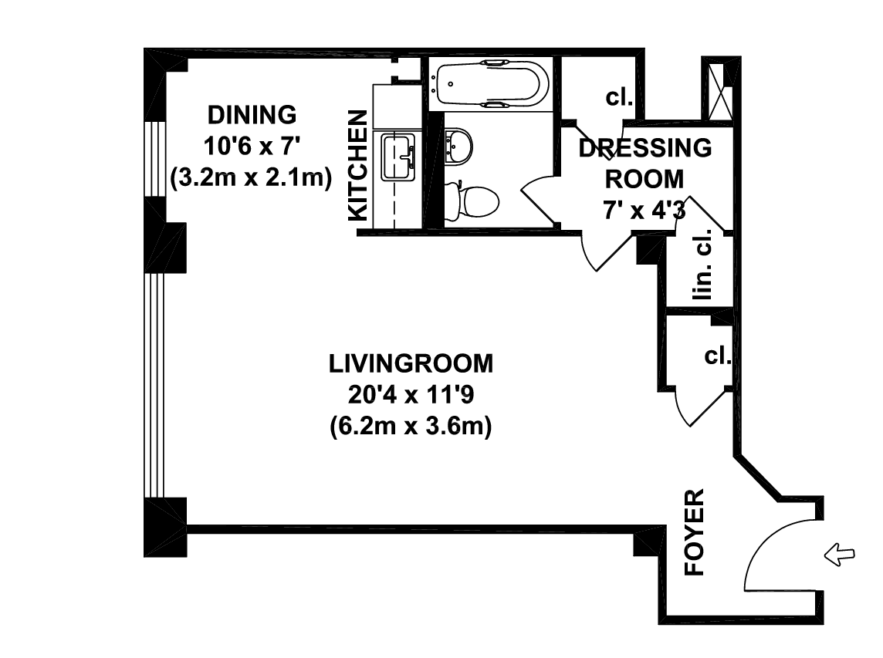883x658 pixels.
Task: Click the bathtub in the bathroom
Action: (x=489, y=84)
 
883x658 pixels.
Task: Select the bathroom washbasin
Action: (x=458, y=147)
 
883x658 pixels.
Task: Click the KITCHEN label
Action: (x=358, y=166)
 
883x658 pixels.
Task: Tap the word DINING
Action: (x=252, y=115)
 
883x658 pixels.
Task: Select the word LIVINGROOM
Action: (x=411, y=363)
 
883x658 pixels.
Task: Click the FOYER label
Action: (x=695, y=532)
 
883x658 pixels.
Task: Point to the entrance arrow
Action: (x=839, y=555)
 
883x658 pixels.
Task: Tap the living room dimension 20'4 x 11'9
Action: (x=411, y=395)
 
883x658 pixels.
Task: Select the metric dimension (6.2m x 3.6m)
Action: (x=411, y=426)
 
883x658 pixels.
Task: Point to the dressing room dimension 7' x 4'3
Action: (x=644, y=211)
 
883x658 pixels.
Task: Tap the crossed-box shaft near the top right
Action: (x=720, y=91)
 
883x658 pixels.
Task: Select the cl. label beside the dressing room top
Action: (x=619, y=97)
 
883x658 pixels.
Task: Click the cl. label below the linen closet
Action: (x=718, y=356)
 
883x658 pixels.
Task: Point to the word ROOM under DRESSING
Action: (x=644, y=179)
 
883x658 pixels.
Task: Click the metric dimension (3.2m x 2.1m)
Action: (x=251, y=178)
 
